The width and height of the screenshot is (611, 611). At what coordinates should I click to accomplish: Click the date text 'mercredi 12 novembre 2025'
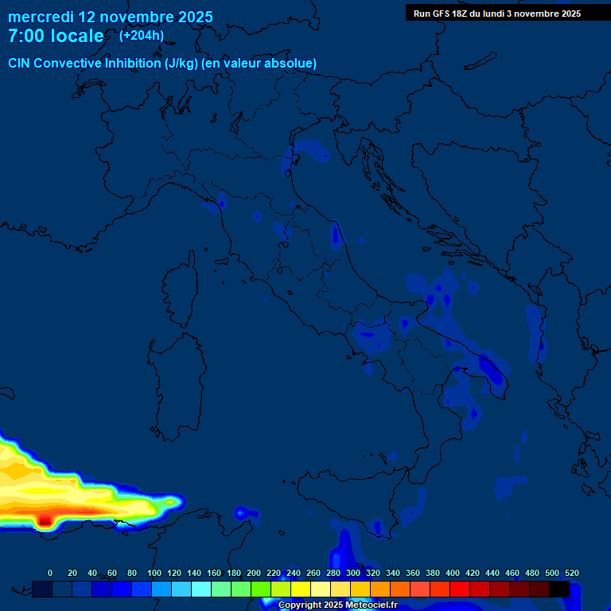click(110, 17)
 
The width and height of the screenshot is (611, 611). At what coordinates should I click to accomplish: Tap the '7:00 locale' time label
click(56, 36)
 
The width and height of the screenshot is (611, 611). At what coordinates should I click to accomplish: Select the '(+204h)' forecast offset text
click(142, 35)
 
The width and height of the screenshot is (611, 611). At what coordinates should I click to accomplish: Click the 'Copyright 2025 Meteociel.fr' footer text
click(337, 605)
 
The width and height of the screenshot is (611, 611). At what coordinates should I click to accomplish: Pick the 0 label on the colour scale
click(50, 573)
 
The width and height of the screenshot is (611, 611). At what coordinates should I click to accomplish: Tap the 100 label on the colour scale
click(154, 573)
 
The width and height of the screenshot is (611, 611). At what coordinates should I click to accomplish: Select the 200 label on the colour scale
click(254, 573)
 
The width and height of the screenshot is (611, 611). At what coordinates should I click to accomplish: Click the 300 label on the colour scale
click(353, 573)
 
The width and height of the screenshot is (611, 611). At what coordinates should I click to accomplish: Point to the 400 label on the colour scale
click(453, 573)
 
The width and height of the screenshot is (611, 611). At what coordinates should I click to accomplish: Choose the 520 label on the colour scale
click(571, 573)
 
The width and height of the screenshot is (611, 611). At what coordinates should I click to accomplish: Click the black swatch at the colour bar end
click(559, 589)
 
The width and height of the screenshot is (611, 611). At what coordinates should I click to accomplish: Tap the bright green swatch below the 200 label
click(261, 589)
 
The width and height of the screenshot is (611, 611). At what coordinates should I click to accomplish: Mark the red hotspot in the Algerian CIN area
click(45, 520)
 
